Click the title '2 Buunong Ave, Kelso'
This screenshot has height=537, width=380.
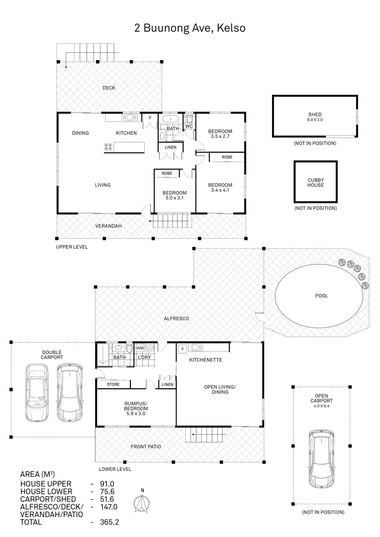tap(190, 28)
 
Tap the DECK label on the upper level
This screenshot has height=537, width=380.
tap(109, 88)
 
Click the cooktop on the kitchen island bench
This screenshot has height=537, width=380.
tap(108, 147)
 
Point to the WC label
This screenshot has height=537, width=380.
tap(190, 126)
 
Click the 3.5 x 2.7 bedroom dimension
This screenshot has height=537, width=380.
tap(220, 136)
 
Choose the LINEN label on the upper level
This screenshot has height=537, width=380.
tap(171, 147)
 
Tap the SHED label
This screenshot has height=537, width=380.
tap(315, 114)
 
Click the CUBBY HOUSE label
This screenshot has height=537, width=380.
tap(315, 182)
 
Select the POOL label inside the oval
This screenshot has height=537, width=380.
tap(321, 295)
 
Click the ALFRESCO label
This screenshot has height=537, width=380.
tap(177, 319)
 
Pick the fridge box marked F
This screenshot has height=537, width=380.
tap(183, 350)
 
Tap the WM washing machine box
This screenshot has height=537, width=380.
tap(140, 348)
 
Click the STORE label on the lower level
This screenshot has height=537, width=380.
tap(113, 384)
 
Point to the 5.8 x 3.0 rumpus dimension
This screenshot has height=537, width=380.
tap(136, 414)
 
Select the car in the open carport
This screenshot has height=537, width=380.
tap(321, 459)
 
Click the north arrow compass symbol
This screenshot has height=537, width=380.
tap(142, 503)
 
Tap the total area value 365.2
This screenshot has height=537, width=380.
tap(109, 522)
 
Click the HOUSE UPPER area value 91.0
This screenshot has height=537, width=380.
tap(107, 484)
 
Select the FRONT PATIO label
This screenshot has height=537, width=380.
tap(146, 447)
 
